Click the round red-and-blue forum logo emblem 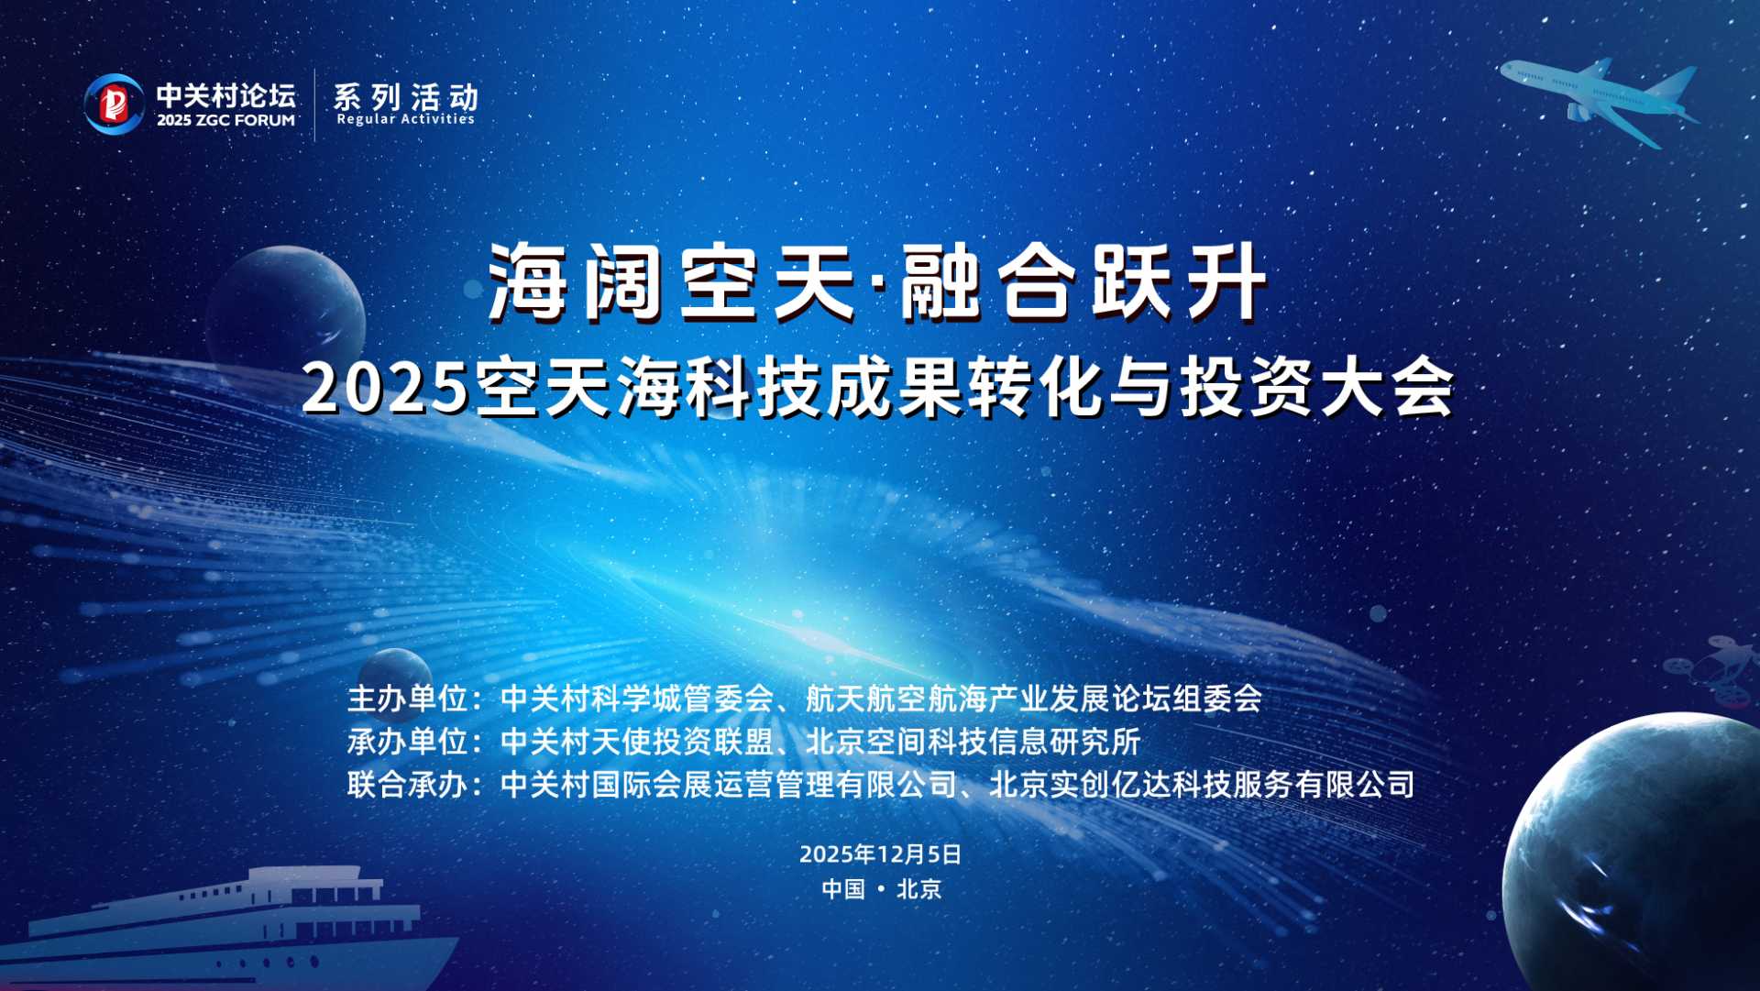114,104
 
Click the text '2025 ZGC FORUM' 225,120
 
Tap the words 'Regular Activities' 405,119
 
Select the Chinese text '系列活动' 405,96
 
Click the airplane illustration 1600,98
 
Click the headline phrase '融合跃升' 1083,283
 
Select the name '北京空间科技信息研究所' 973,742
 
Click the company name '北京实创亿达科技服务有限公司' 1202,785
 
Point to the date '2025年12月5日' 880,854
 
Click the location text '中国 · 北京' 881,889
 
